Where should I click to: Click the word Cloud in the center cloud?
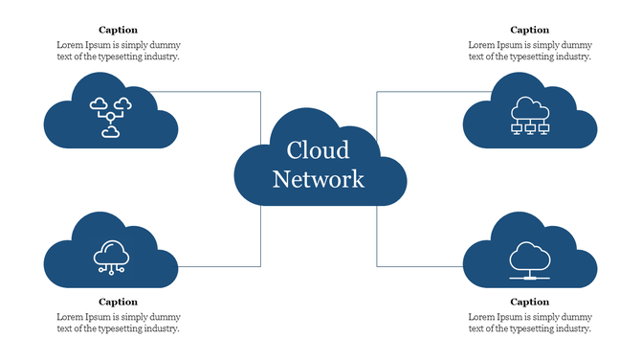tap(319, 150)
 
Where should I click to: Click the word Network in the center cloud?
tap(319, 179)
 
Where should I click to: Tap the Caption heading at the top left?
tap(118, 31)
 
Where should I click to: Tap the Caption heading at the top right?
tap(529, 31)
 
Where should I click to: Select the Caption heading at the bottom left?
tap(118, 302)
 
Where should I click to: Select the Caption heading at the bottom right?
tap(529, 302)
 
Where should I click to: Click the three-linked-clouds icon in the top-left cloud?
tap(110, 117)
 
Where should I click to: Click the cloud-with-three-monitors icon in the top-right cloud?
tap(530, 117)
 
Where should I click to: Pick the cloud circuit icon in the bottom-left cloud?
tap(111, 257)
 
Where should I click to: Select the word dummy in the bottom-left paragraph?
tap(166, 316)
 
